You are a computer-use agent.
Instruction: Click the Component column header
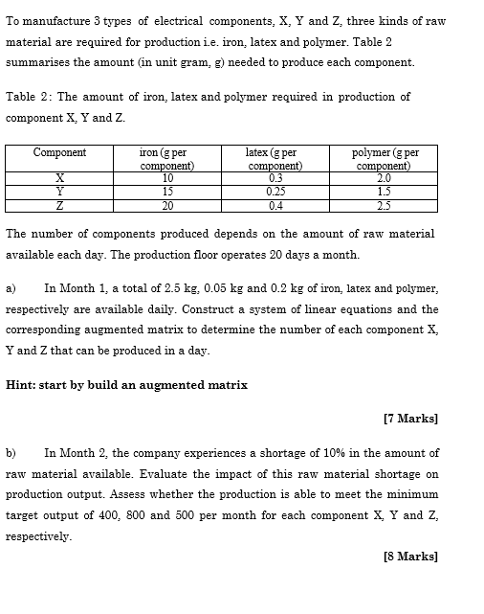tap(59, 152)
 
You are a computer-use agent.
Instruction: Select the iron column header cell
tap(167, 158)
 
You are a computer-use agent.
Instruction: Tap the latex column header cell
tap(276, 158)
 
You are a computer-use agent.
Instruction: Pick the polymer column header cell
tap(384, 158)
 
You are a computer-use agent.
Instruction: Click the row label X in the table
tap(59, 177)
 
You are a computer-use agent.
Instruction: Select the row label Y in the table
tap(59, 191)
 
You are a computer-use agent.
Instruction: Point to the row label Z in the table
tap(59, 205)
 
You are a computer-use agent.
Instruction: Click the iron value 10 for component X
tap(167, 177)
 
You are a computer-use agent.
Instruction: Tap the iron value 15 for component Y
tap(167, 191)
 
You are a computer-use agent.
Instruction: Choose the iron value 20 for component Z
tap(167, 205)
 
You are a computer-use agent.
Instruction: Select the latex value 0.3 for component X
tap(276, 177)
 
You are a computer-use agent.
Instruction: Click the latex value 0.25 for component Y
tap(276, 191)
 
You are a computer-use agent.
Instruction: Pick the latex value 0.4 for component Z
tap(276, 205)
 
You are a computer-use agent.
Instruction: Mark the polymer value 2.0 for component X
tap(384, 177)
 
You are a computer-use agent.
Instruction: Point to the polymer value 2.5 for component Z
tap(384, 205)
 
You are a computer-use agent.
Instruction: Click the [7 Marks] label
tap(409, 419)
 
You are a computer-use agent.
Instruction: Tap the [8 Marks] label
tap(409, 557)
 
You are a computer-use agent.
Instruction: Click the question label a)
tap(11, 287)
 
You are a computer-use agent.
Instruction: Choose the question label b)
tap(11, 452)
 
